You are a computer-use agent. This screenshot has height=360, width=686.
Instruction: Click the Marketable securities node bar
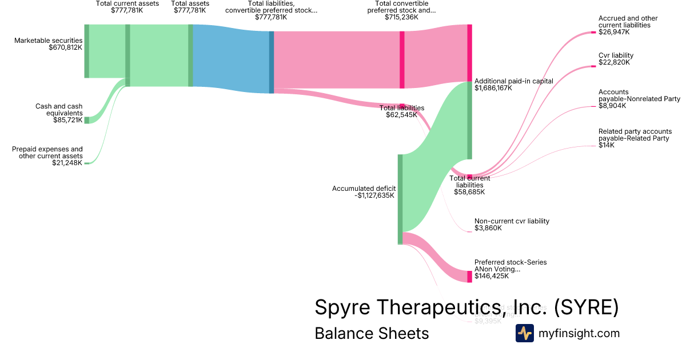(87, 51)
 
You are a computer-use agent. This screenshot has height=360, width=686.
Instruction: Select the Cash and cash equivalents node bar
(87, 120)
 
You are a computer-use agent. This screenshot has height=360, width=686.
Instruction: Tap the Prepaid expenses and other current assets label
(47, 153)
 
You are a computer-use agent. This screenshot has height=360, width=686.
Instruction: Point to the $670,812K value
(66, 48)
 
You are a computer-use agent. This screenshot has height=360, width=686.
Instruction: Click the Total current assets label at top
(127, 3)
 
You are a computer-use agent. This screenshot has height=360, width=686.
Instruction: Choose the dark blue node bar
(272, 62)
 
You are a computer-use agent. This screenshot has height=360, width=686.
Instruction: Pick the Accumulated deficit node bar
(400, 199)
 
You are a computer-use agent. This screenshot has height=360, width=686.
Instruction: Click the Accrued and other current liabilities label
(624, 22)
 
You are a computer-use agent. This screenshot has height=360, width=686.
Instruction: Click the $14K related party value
(606, 145)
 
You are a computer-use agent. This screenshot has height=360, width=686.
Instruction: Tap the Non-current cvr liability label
(512, 221)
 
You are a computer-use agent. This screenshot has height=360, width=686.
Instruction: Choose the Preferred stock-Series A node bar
(469, 277)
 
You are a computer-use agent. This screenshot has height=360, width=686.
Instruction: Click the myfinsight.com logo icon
(524, 333)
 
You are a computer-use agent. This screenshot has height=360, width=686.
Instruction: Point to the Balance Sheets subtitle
(372, 334)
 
